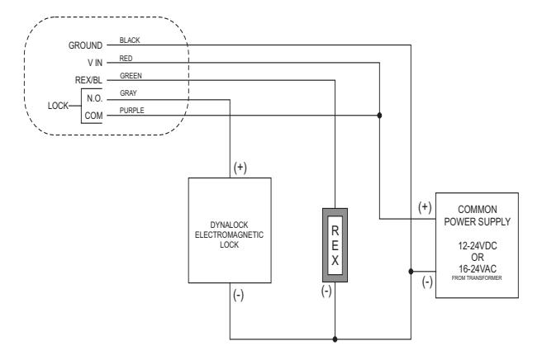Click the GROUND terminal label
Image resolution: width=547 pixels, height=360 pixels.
[85, 45]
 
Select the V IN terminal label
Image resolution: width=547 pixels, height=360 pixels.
[95, 63]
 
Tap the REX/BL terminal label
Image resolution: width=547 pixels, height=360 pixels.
[88, 80]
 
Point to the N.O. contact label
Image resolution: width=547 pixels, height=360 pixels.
[94, 98]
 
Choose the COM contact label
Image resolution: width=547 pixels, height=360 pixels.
[94, 116]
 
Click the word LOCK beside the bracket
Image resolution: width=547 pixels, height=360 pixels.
[58, 106]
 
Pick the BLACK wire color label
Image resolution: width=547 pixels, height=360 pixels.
[130, 40]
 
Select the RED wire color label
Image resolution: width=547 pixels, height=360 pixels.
[126, 58]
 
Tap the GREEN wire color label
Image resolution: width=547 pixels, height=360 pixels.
[131, 76]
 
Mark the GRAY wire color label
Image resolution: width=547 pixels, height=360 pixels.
[128, 93]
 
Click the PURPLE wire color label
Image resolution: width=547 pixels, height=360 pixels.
[132, 111]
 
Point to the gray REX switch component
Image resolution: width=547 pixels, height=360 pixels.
[335, 245]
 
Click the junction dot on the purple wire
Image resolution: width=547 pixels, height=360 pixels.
[379, 116]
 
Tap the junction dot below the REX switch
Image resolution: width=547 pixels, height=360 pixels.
[335, 339]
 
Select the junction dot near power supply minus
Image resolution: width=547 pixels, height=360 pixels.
[411, 271]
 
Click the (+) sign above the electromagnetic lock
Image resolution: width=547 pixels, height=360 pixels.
[240, 168]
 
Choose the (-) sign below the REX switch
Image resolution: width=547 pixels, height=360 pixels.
[326, 291]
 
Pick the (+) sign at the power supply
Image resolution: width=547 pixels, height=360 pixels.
[425, 207]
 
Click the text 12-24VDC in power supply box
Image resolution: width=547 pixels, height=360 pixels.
[478, 246]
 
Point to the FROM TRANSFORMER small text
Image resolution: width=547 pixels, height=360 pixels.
[477, 277]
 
